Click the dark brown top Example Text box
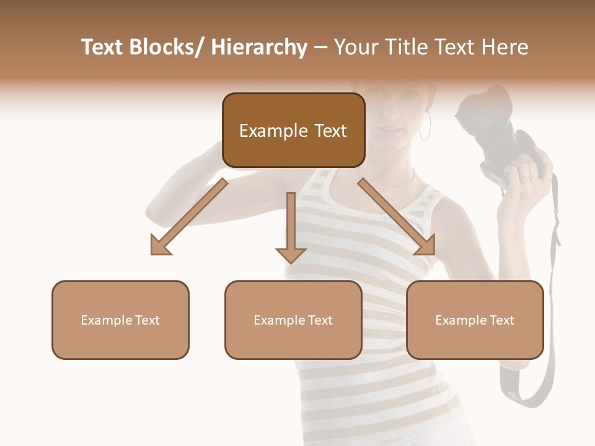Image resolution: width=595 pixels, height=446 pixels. click(293, 130)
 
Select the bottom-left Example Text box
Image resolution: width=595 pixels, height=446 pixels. click(120, 320)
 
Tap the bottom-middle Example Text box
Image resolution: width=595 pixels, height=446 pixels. click(293, 320)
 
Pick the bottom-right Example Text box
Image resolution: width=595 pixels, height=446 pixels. click(475, 320)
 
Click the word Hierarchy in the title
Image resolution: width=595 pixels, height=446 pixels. click(259, 47)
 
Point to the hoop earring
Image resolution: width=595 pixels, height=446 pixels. click(426, 126)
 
